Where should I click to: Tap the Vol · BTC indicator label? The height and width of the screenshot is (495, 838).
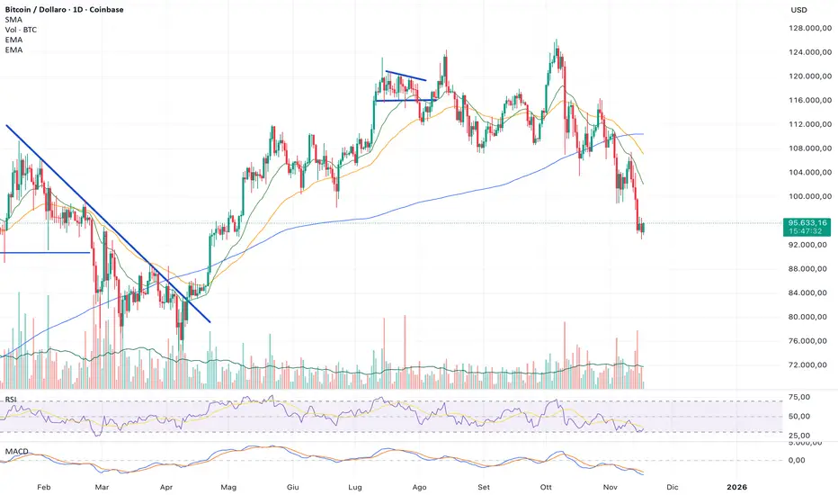pyautogui.click(x=22, y=31)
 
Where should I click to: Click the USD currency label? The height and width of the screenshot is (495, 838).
pyautogui.click(x=798, y=10)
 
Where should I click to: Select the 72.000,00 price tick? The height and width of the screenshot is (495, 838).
pyautogui.click(x=808, y=365)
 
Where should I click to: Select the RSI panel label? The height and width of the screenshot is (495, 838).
pyautogui.click(x=11, y=399)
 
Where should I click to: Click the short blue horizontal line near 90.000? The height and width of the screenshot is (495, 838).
pyautogui.click(x=45, y=253)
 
